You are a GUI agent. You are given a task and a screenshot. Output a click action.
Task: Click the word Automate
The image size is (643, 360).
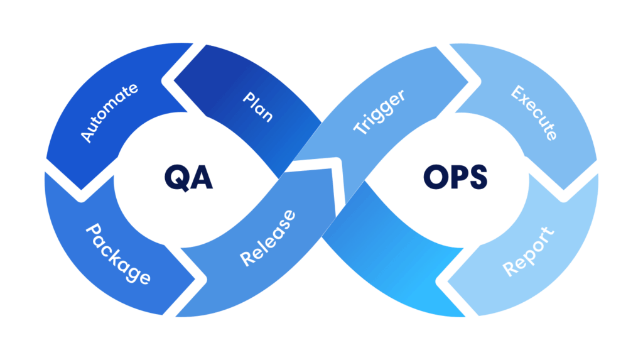coord(109,112)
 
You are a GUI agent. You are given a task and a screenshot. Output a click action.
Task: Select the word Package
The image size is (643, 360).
coord(117,253)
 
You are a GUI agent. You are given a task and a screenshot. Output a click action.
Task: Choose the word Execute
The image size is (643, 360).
coord(534,113)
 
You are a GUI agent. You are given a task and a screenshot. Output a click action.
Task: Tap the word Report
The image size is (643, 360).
coord(529,252)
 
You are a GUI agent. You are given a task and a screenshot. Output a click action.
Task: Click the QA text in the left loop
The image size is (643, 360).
coord(188,178)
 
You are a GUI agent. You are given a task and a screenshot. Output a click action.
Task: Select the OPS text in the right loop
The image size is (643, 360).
coord(455,178)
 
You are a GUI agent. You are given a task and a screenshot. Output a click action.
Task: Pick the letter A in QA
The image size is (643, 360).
coord(202,178)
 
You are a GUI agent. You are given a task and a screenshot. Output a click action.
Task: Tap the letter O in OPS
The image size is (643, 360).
coord(434,178)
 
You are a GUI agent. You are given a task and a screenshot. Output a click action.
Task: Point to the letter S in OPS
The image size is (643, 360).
coord(477,178)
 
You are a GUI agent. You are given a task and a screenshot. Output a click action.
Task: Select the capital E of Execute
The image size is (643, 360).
coord(518,94)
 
